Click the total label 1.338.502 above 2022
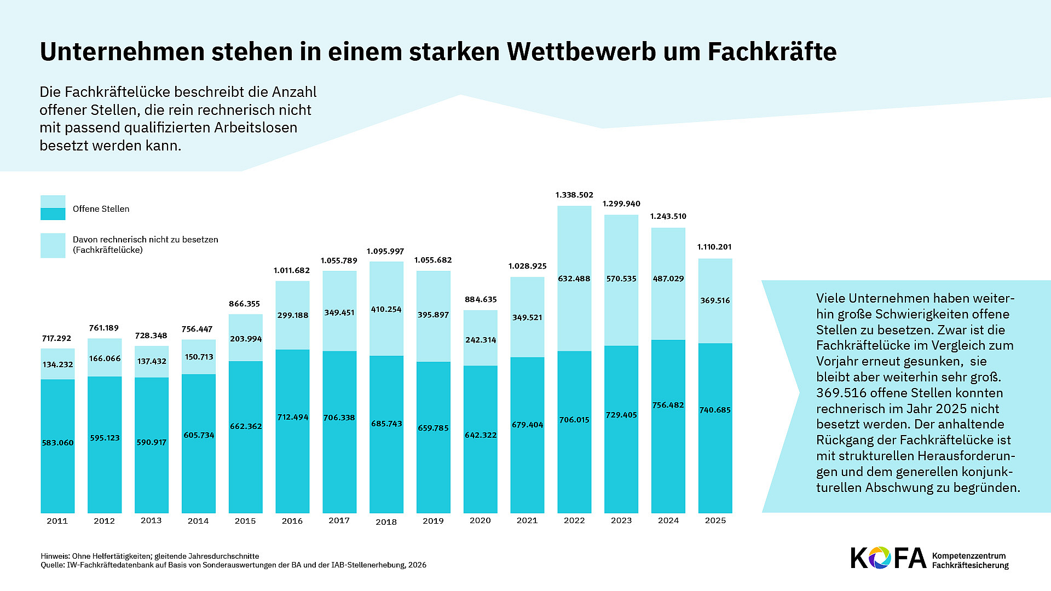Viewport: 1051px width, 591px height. pyautogui.click(x=574, y=195)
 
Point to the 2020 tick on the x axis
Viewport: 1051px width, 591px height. pyautogui.click(x=480, y=520)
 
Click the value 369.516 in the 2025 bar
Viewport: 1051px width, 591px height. pyautogui.click(x=715, y=300)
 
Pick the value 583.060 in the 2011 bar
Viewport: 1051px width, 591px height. pyautogui.click(x=57, y=443)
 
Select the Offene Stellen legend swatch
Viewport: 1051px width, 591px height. pyautogui.click(x=53, y=208)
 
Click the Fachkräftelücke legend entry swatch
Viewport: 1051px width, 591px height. pyautogui.click(x=53, y=245)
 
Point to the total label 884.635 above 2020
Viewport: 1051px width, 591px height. pyautogui.click(x=480, y=299)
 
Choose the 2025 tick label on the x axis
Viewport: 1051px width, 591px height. pyautogui.click(x=715, y=520)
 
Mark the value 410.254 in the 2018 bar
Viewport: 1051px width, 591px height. pyautogui.click(x=386, y=309)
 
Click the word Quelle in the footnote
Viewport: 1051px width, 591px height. pyautogui.click(x=53, y=565)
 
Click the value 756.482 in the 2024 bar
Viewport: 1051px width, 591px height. pyautogui.click(x=668, y=405)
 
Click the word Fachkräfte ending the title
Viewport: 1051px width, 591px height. pyautogui.click(x=772, y=51)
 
